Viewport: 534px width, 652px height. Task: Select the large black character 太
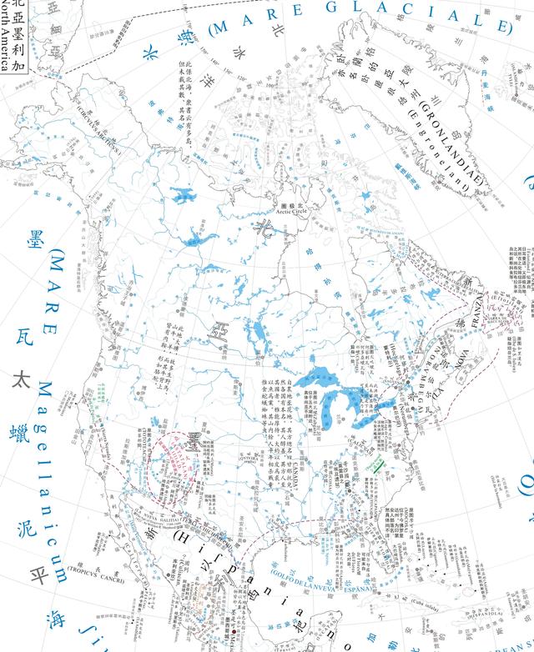20,379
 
